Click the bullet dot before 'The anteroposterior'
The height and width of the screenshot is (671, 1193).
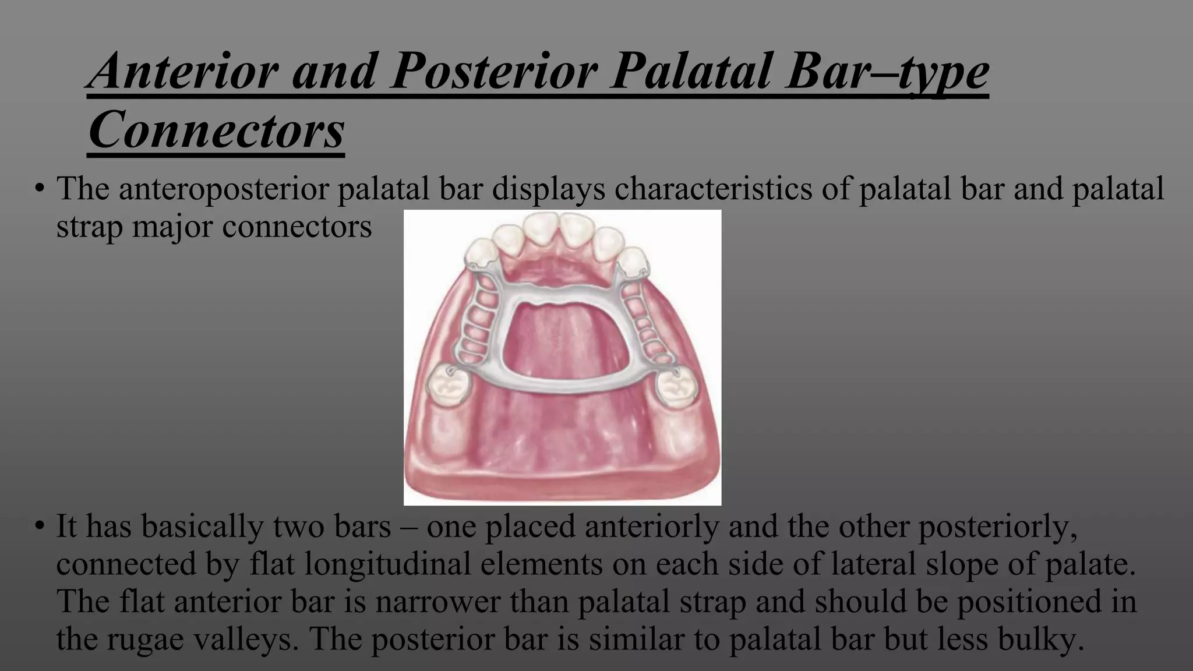click(x=39, y=189)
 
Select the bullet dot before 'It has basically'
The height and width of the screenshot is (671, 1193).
click(x=39, y=527)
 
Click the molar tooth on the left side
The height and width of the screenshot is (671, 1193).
click(x=446, y=387)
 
